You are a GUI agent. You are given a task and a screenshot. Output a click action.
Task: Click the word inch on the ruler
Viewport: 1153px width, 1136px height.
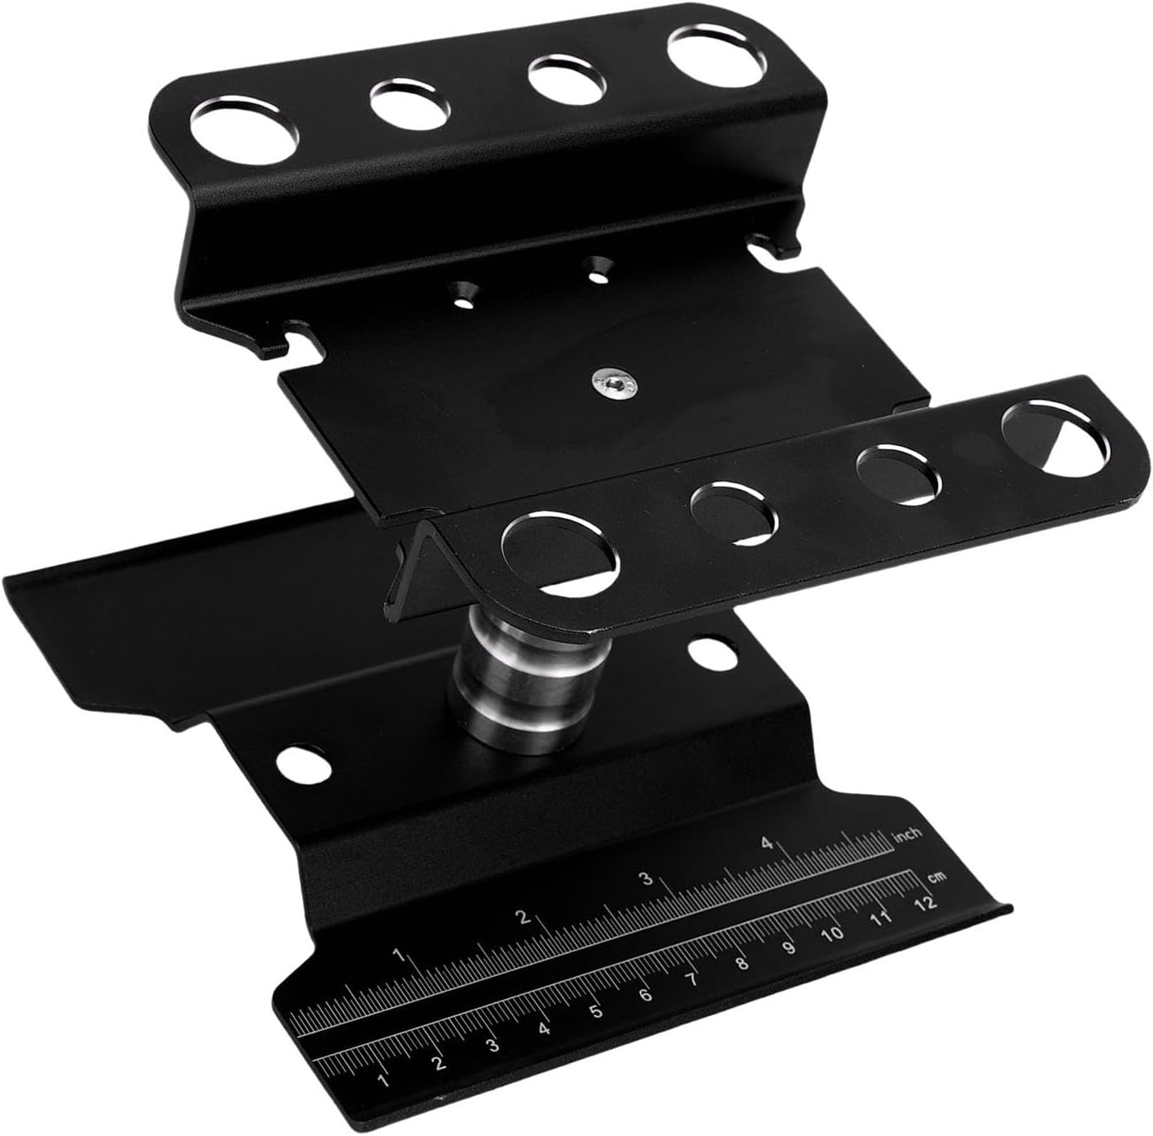click(x=907, y=834)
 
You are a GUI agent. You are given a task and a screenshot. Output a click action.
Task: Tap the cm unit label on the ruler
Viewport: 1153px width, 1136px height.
click(x=938, y=877)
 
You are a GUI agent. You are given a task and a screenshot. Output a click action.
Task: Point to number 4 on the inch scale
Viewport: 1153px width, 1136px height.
click(x=767, y=843)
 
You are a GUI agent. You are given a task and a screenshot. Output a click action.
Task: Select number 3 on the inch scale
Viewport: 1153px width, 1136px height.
click(x=646, y=879)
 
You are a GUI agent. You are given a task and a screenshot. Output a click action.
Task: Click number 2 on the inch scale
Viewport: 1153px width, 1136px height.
click(x=524, y=917)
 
